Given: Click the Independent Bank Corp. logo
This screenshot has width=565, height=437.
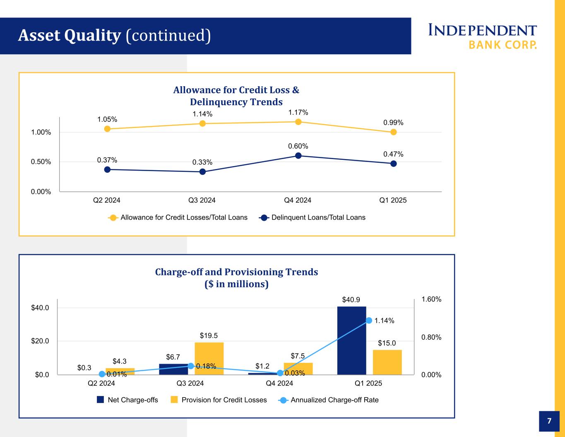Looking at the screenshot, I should (x=483, y=36).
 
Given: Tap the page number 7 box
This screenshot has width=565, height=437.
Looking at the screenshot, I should (x=549, y=421).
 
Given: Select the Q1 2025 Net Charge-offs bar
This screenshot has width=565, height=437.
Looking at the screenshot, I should (x=351, y=340).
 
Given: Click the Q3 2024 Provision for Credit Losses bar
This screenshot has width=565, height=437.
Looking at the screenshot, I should (x=209, y=358).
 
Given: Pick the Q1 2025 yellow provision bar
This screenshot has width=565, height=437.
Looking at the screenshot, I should (x=387, y=362).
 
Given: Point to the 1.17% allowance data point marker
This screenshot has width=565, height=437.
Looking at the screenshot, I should (x=298, y=122).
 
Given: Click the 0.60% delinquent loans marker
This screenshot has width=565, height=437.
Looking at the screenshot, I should (x=298, y=156).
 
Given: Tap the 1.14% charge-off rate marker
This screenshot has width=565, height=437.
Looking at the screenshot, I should (x=369, y=321).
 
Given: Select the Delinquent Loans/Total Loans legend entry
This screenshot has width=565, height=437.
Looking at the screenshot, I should (x=313, y=217).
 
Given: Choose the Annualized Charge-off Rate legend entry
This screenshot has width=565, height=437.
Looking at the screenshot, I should (x=329, y=400).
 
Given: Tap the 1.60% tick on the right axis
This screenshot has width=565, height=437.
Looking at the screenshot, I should (x=431, y=299).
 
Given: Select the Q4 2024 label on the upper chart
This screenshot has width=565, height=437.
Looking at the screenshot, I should (x=298, y=200).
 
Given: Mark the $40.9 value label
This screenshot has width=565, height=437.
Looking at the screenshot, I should (x=351, y=299).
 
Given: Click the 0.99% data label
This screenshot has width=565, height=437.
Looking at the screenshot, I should (x=393, y=123).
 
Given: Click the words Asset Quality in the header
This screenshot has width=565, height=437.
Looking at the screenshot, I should (x=69, y=36).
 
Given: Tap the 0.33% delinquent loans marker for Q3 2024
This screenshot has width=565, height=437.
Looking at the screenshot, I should (x=203, y=171).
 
